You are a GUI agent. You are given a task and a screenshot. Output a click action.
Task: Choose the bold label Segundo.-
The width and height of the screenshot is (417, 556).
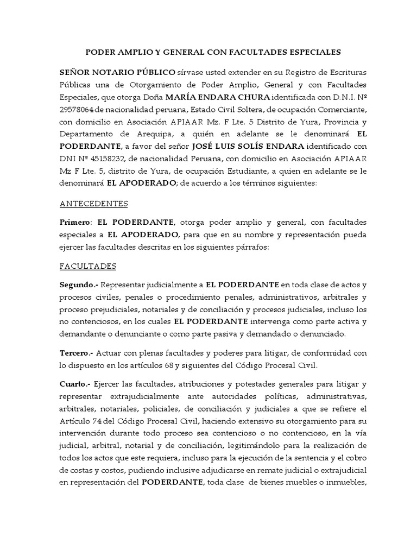point(79,285)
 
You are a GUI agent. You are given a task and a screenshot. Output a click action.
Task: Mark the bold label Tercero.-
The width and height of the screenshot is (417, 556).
point(77,352)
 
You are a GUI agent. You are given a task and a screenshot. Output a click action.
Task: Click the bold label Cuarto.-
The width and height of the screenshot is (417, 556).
point(75,384)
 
